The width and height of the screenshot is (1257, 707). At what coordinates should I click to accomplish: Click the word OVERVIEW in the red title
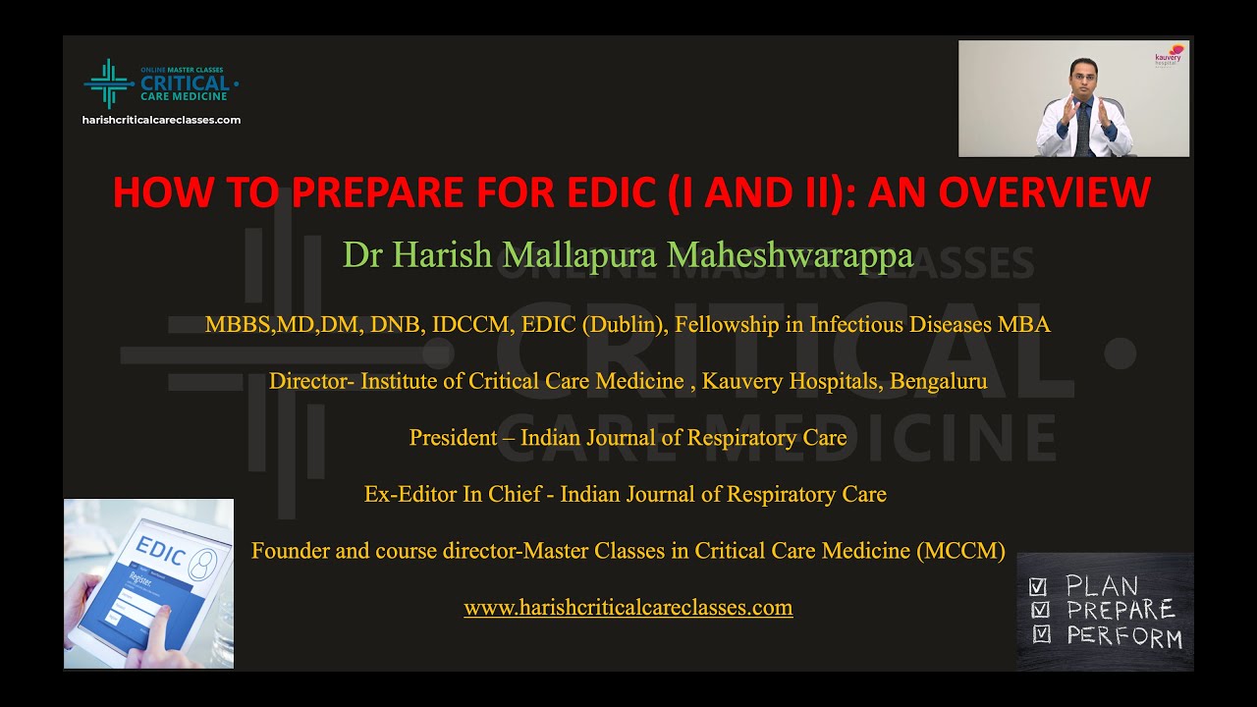tap(1044, 192)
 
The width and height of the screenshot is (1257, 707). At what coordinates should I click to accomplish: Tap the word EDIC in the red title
tap(612, 192)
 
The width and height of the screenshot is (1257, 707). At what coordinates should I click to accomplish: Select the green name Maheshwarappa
tap(791, 255)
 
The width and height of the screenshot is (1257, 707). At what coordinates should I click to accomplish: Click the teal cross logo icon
tap(109, 83)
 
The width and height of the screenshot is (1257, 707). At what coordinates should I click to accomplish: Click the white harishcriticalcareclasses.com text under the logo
tap(162, 120)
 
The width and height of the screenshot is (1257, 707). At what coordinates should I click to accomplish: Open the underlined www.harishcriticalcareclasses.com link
tap(628, 608)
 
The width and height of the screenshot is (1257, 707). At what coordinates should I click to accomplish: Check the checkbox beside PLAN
tap(1038, 587)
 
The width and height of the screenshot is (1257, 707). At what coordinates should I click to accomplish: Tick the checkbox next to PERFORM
tap(1042, 634)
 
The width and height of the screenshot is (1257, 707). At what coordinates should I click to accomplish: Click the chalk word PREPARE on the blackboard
tap(1120, 610)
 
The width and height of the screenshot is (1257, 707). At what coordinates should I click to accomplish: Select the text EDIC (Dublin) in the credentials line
tap(592, 325)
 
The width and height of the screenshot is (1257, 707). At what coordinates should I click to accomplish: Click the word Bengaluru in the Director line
tap(938, 382)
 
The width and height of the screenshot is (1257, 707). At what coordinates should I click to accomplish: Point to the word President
tap(453, 438)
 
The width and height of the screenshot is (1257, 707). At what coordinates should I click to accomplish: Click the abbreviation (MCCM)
tap(960, 551)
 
